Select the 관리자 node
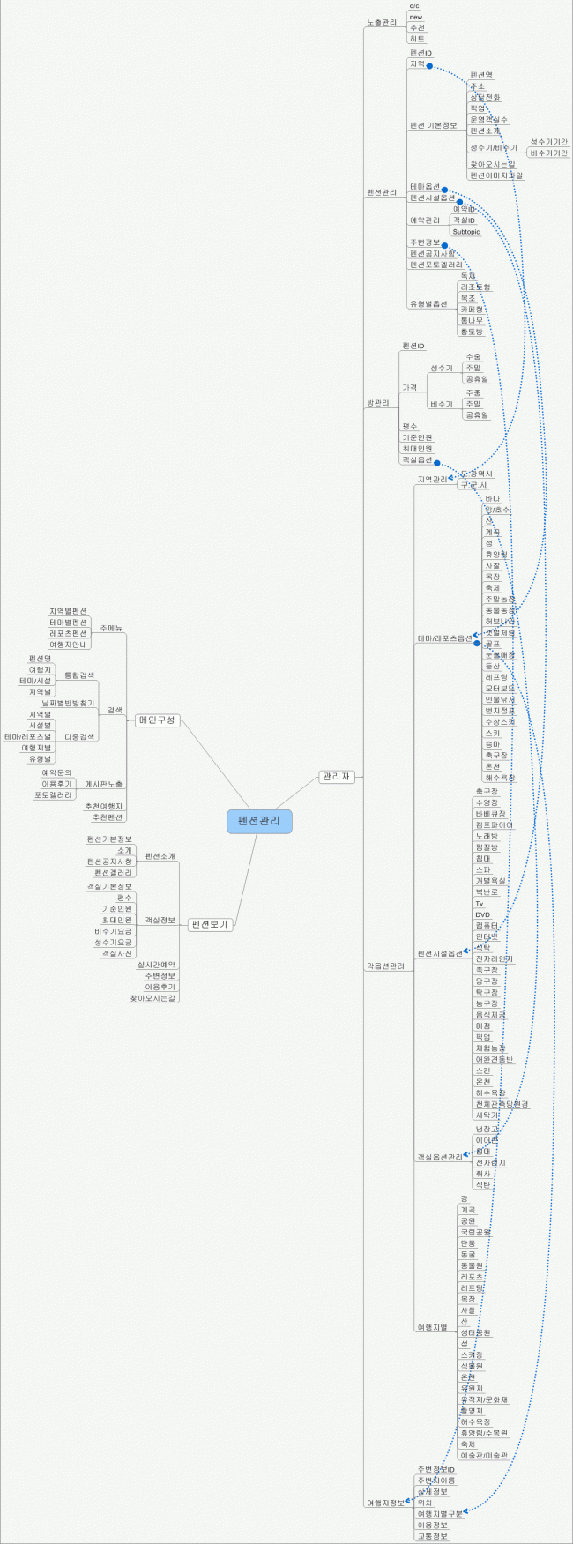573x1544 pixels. click(x=336, y=777)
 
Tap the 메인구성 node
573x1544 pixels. click(x=158, y=720)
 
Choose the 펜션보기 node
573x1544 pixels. click(x=210, y=924)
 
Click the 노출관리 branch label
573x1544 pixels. click(x=382, y=21)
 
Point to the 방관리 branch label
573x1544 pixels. click(x=377, y=403)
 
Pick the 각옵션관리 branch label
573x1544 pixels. click(x=385, y=966)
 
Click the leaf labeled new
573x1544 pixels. click(x=416, y=17)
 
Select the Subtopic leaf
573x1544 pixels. click(x=466, y=232)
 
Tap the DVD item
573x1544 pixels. click(x=482, y=914)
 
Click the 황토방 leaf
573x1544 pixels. click(x=472, y=332)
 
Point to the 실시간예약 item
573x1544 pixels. click(x=156, y=965)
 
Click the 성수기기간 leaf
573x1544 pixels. click(x=548, y=142)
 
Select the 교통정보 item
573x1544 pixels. click(x=432, y=1535)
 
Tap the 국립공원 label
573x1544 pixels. click(x=475, y=1232)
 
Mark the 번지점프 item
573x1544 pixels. click(x=499, y=710)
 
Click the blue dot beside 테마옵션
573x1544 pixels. click(x=445, y=189)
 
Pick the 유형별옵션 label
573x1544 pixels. click(x=428, y=303)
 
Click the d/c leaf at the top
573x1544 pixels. click(x=414, y=6)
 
